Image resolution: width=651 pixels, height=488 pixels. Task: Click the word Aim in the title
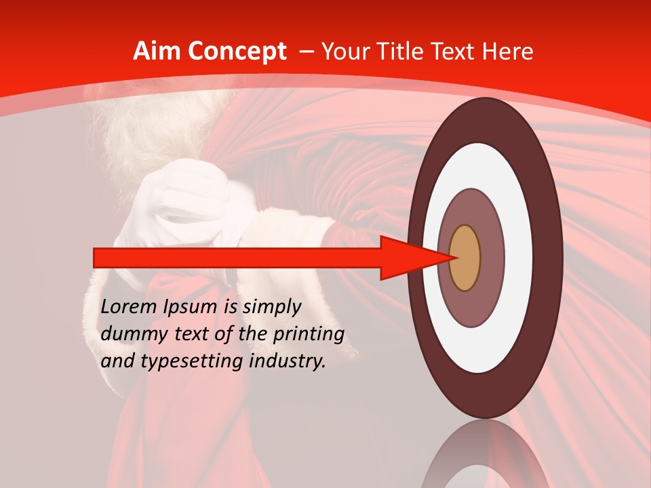156,51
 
